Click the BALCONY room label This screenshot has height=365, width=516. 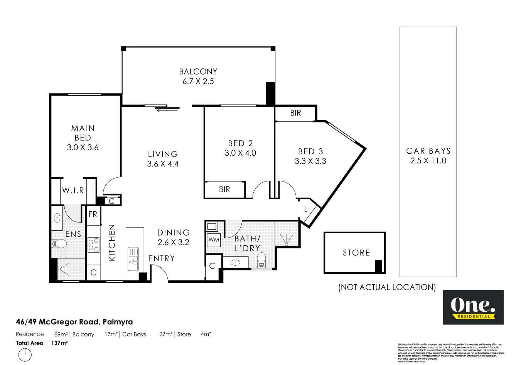[198, 71]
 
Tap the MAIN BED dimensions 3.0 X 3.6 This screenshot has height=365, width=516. [83, 148]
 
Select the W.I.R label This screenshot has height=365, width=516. [73, 190]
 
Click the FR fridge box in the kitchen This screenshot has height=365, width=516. [93, 214]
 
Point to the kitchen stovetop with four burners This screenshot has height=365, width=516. [93, 244]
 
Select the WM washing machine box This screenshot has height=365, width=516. [214, 240]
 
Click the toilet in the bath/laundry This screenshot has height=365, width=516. [261, 259]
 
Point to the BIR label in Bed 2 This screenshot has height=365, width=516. [224, 189]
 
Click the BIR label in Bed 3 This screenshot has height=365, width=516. [295, 113]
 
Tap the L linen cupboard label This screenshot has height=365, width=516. [306, 210]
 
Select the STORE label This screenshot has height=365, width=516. [356, 253]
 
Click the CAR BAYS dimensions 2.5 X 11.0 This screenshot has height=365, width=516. [428, 161]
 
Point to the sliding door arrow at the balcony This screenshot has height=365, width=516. [167, 110]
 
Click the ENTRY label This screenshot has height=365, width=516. [162, 258]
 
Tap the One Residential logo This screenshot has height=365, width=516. [473, 307]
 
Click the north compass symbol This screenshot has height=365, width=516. [25, 355]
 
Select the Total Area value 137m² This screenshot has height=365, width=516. [59, 343]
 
